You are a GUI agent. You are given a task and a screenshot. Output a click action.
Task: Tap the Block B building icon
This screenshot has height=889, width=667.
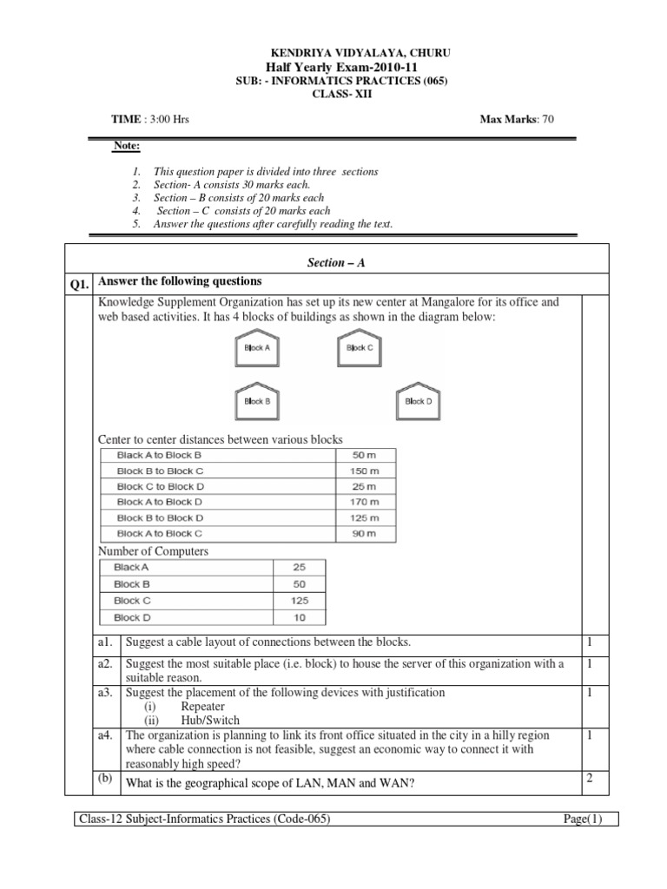click(256, 400)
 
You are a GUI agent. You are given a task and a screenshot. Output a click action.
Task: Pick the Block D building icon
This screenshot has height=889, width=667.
click(418, 400)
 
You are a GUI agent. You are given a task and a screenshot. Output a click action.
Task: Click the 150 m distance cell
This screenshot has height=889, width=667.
click(366, 471)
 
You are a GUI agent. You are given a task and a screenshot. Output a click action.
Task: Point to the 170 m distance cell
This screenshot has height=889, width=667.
click(366, 502)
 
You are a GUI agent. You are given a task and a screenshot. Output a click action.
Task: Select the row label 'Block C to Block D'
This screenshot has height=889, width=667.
click(161, 486)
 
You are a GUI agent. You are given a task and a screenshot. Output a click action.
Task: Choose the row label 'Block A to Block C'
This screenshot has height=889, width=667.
click(160, 533)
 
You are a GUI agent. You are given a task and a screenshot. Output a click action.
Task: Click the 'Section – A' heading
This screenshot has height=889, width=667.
click(333, 261)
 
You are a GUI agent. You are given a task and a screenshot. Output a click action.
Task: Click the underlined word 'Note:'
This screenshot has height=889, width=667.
click(126, 146)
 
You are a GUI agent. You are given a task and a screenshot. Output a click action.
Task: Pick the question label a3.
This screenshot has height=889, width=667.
click(107, 693)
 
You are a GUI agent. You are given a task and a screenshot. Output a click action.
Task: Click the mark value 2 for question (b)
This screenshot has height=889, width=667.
click(589, 778)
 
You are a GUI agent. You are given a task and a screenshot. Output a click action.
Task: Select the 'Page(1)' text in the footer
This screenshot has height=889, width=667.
click(578, 818)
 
